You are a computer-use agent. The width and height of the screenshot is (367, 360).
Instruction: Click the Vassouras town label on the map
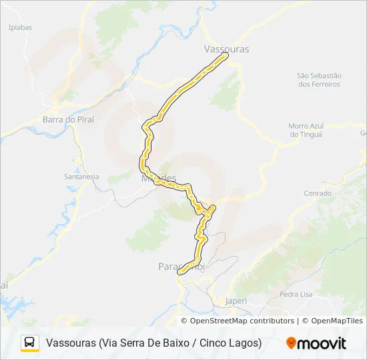point(226,49)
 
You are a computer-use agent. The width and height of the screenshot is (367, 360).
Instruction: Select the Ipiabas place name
point(20,27)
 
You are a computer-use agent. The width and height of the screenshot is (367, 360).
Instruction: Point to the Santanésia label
point(81,177)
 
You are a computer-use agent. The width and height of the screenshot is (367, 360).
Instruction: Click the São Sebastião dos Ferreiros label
point(319,80)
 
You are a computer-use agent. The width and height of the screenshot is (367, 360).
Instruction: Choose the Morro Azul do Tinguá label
point(306,130)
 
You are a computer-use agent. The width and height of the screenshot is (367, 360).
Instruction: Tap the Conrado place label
point(317,193)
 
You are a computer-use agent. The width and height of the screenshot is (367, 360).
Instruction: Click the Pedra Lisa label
point(296,294)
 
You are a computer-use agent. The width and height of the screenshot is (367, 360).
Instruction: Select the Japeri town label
point(236,301)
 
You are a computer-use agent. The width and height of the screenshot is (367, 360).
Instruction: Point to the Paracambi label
point(181,266)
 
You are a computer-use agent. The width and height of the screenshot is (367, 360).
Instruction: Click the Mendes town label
point(158,179)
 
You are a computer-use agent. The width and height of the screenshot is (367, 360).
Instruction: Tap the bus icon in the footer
point(30,343)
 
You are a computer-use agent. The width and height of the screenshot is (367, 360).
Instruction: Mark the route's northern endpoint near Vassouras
point(225,55)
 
